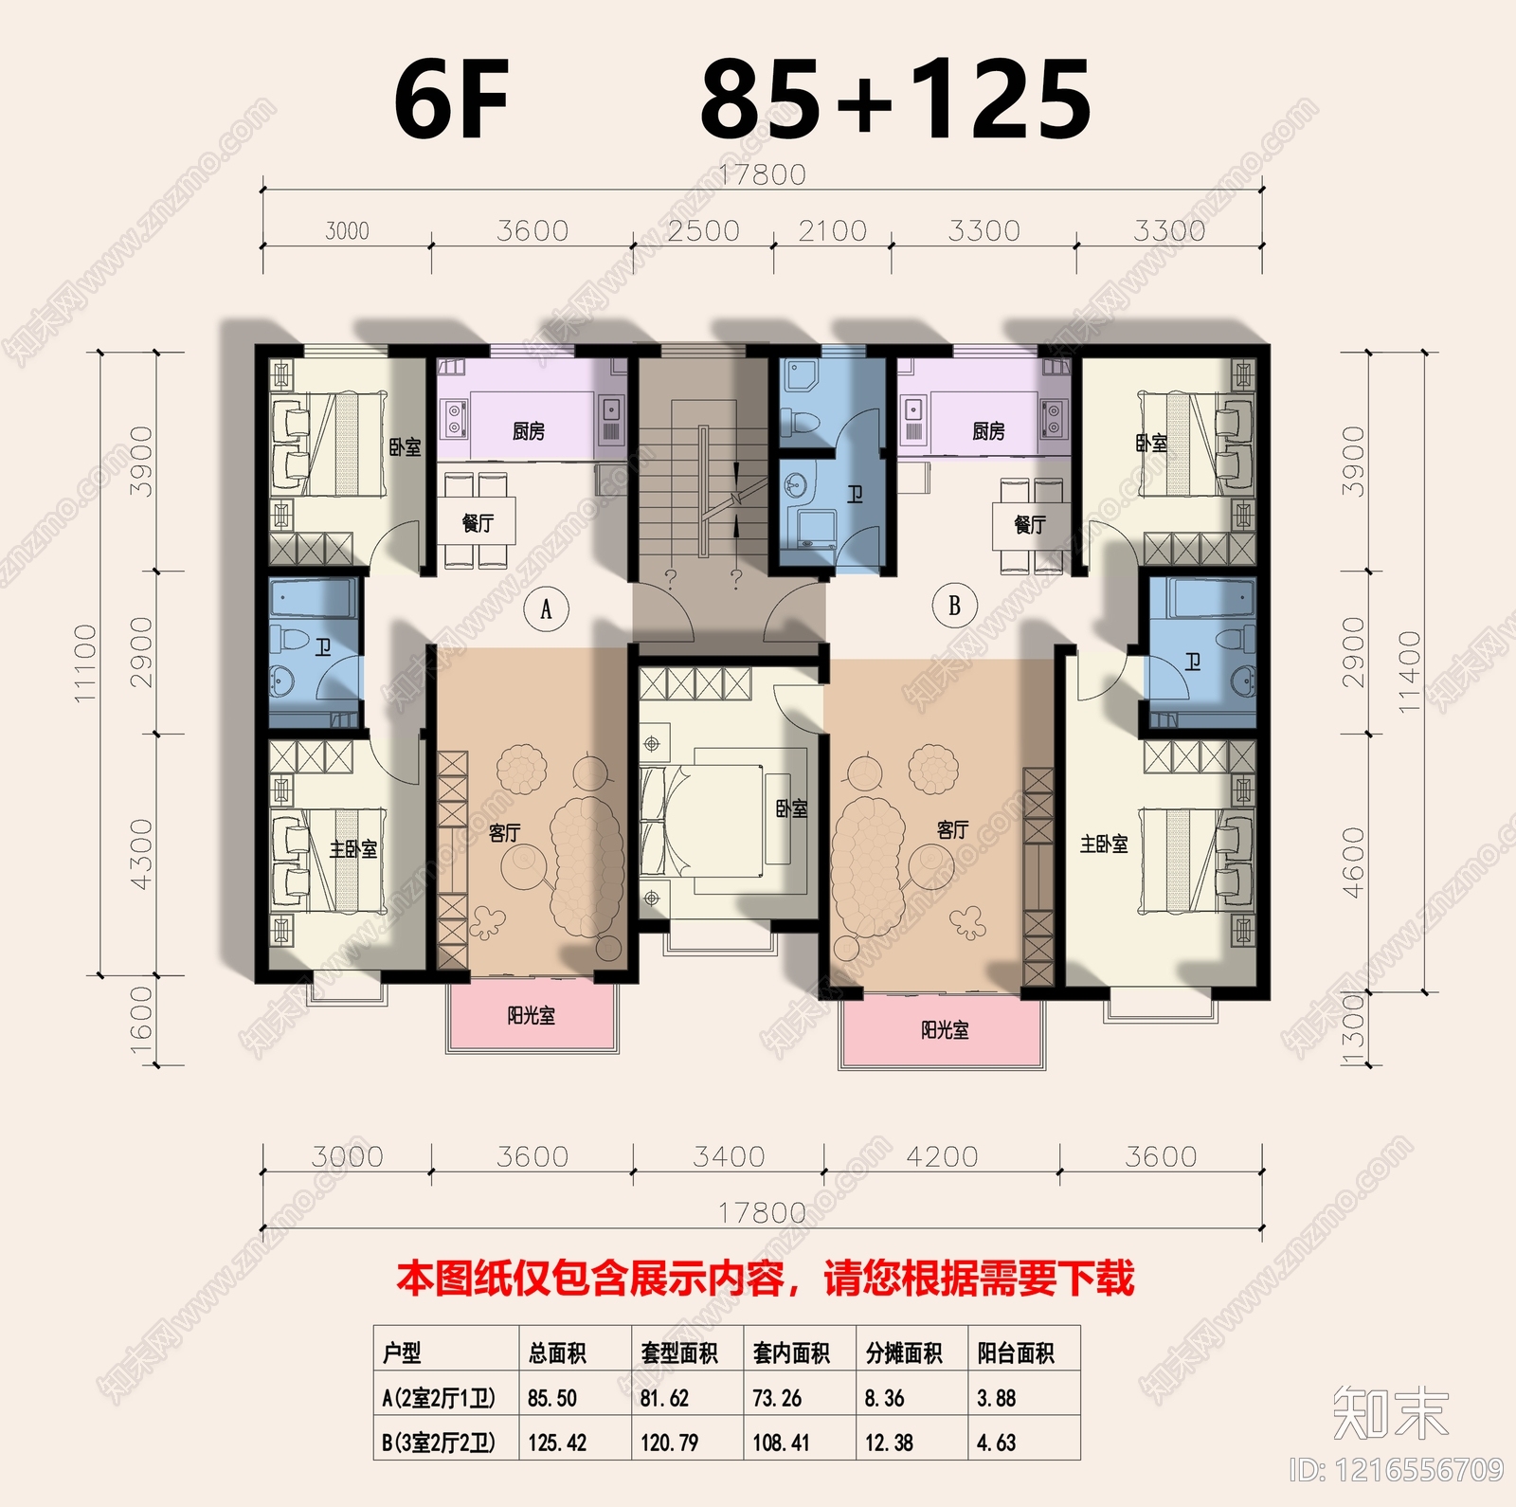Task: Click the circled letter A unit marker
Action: (x=546, y=609)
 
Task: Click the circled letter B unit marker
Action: (x=954, y=605)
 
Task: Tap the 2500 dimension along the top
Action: (x=703, y=230)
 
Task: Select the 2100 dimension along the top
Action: (x=832, y=230)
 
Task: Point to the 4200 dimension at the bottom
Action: (x=942, y=1156)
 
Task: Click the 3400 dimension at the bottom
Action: (x=729, y=1156)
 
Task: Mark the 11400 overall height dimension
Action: (x=1410, y=671)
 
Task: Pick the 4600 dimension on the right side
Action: (x=1354, y=862)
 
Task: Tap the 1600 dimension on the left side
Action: (x=140, y=1014)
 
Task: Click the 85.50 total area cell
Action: (x=552, y=1398)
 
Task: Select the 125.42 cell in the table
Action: (x=557, y=1443)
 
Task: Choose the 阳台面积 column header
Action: (x=1016, y=1353)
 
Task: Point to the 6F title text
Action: (x=452, y=100)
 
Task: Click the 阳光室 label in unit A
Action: (x=531, y=1016)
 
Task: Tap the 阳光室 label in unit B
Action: (x=945, y=1029)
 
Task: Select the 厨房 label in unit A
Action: (x=529, y=431)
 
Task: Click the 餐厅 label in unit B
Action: (x=1030, y=524)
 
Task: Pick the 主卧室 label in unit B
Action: (x=1104, y=843)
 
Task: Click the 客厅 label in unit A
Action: (x=504, y=832)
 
